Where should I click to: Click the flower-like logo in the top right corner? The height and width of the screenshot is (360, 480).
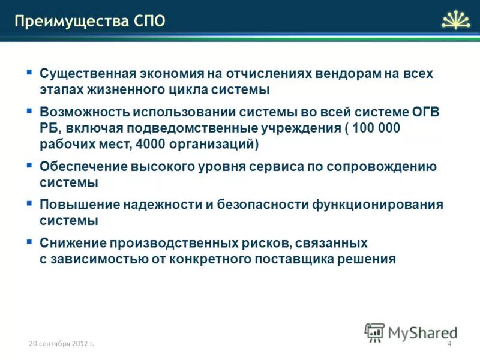coord(457,19)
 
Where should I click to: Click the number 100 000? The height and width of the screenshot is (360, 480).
coord(376,128)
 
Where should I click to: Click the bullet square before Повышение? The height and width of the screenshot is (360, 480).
coord(29,203)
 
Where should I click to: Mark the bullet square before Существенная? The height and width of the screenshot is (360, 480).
coord(29,72)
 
